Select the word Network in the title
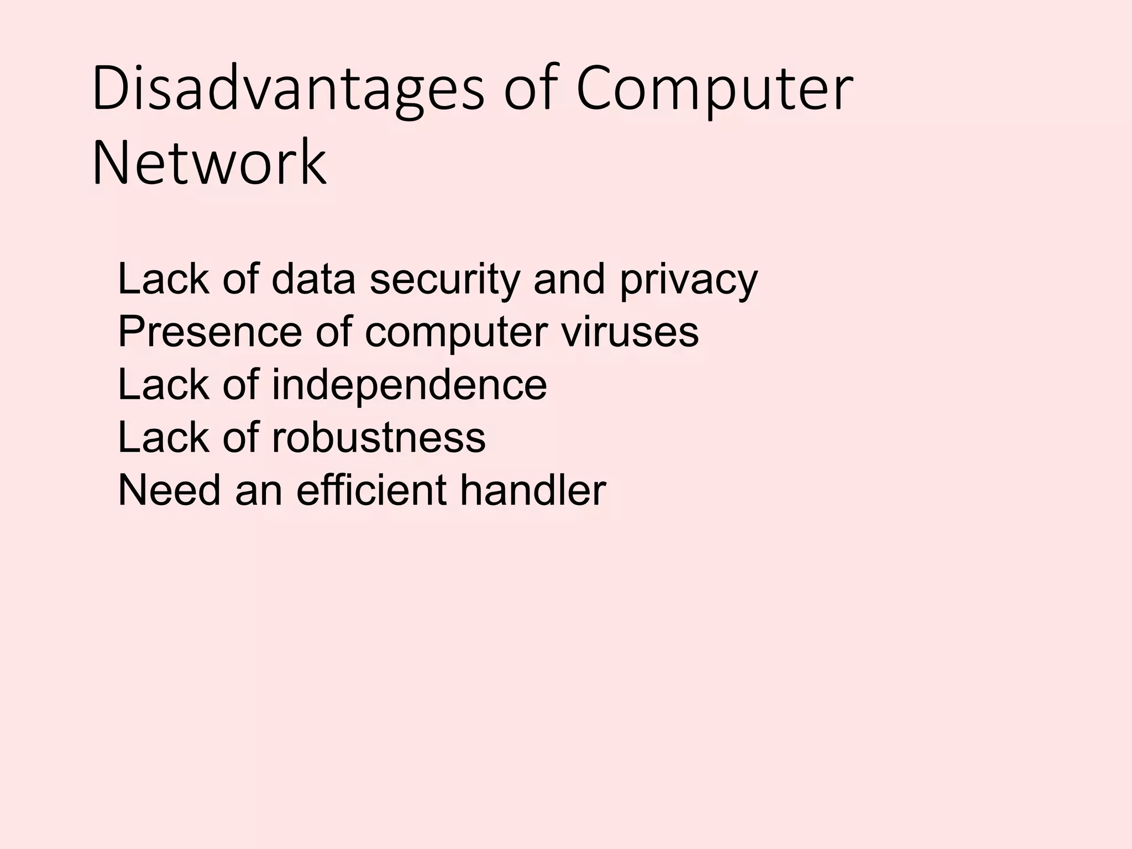coord(209,163)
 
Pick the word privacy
coord(688,281)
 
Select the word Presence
coord(210,332)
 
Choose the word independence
coord(409,385)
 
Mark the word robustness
coord(379,437)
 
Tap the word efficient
coord(371,490)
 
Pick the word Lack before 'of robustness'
coord(164,437)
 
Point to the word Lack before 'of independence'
coord(164,385)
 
